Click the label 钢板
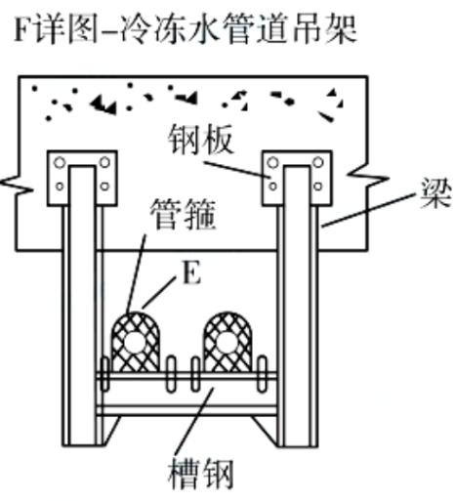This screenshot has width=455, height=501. coord(201,139)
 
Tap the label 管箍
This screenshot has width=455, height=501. coord(184,215)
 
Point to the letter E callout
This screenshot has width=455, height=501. coord(192,272)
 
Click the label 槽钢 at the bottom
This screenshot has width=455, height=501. coord(201,474)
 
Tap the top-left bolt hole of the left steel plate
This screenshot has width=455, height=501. coord(60,162)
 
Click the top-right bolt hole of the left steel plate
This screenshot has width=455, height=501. coord(104,162)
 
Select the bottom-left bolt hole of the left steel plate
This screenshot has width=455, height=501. coord(60,187)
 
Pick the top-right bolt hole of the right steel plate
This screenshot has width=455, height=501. coord(318,162)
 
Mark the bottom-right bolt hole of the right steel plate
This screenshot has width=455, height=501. coord(318,187)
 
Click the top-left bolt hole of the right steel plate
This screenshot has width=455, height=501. coord(272,162)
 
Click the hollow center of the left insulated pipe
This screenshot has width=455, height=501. coord(136,343)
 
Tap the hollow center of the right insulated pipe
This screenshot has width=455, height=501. coord(227,343)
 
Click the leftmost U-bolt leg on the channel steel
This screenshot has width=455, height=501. coord(104,374)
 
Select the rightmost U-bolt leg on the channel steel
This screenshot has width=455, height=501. coord(263,374)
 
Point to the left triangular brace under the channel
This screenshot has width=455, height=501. coord(110,429)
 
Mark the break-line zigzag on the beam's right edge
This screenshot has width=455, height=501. coord(368,177)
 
